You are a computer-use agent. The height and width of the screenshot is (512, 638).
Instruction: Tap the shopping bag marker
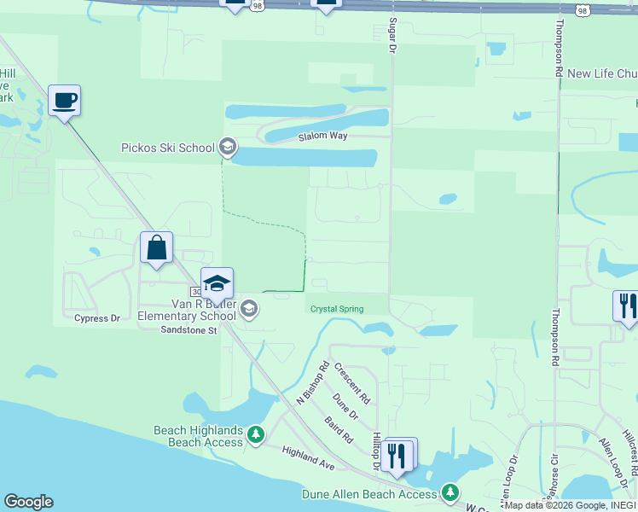click(x=157, y=248)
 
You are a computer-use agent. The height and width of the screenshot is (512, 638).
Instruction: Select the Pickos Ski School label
click(x=167, y=148)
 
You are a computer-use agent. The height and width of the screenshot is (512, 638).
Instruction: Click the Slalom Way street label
click(x=322, y=137)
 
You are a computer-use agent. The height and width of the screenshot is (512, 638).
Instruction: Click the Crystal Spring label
click(x=336, y=309)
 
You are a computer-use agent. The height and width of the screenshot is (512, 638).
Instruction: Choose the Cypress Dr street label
click(x=97, y=318)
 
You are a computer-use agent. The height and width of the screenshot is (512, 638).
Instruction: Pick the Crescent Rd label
click(x=351, y=383)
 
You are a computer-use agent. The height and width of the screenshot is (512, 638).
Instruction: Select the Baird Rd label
click(x=339, y=430)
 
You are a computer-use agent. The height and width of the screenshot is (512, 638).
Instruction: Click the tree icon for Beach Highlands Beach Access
click(x=255, y=436)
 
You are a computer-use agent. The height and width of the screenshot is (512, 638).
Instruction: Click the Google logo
click(x=28, y=502)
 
